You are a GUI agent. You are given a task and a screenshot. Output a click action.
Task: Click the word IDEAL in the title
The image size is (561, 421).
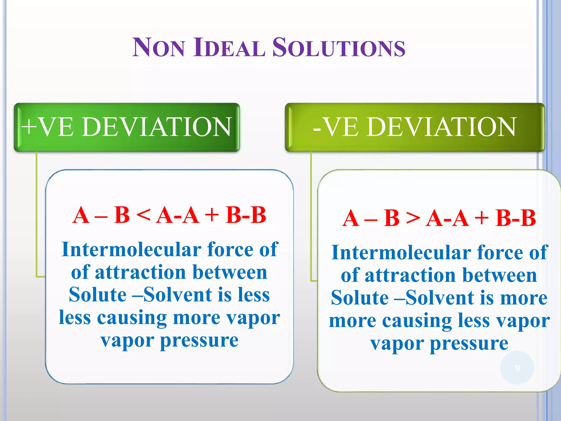[229, 48]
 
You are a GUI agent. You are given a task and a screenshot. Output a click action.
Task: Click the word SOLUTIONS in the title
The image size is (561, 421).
[339, 48]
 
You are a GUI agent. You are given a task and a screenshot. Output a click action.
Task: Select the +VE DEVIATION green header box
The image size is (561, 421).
[127, 127]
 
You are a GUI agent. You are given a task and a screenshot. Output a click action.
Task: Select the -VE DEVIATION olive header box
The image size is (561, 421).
[414, 127]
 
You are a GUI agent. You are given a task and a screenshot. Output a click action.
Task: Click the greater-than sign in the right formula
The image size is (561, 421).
[413, 218]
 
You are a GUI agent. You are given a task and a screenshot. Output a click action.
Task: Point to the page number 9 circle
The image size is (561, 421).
[517, 368]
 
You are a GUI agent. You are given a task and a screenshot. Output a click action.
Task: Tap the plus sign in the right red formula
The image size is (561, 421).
[482, 218]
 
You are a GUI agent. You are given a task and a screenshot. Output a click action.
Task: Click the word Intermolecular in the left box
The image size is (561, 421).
[131, 250]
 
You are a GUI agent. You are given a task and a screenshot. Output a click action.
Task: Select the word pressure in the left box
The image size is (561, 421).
[199, 341]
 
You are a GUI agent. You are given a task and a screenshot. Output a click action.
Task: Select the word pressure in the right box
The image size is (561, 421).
[469, 344]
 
